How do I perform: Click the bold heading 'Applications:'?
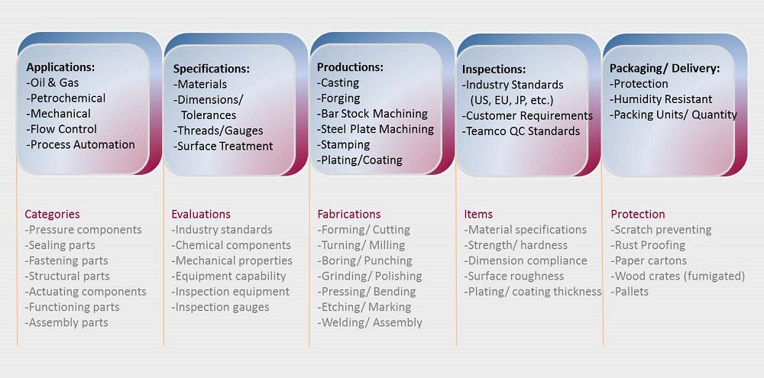(60, 67)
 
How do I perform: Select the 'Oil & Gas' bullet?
(53, 82)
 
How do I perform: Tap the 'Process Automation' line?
(80, 144)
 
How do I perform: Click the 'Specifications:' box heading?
(212, 69)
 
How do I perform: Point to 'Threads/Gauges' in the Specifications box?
(219, 131)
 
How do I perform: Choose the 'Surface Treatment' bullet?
(223, 146)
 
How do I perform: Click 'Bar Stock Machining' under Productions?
(372, 114)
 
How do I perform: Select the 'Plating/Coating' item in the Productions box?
(360, 160)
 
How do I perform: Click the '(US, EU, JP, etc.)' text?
(512, 100)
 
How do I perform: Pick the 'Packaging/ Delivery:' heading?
(665, 69)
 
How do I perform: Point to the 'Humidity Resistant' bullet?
(661, 99)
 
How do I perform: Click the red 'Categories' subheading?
(52, 215)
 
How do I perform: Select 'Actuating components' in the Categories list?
(86, 292)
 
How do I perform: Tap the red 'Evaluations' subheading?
(201, 215)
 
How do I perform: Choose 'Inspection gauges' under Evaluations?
(220, 308)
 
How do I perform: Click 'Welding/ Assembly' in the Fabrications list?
(370, 322)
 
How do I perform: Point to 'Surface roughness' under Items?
(514, 276)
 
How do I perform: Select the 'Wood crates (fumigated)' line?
(678, 276)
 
